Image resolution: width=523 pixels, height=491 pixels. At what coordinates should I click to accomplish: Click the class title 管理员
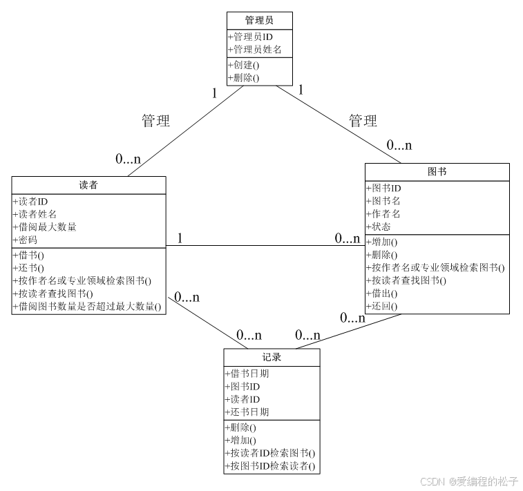point(259,20)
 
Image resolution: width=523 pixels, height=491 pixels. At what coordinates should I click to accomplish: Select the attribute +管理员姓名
point(254,50)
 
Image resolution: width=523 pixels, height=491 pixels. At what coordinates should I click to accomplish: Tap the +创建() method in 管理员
point(244,65)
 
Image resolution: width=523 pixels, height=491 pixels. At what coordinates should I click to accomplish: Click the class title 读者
point(89,185)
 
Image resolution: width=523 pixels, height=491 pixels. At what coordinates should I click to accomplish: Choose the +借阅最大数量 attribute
point(45,227)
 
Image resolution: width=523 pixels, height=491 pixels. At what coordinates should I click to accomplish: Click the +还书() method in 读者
point(28,267)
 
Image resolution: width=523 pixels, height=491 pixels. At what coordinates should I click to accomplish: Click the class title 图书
point(437,171)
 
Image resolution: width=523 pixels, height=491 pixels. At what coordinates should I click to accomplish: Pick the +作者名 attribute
point(383,213)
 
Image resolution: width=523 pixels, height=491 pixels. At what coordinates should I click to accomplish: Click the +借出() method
point(381,293)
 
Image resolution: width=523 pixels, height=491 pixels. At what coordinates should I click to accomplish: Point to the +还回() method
point(381,306)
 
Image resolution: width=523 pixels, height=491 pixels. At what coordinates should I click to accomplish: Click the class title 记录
point(272,357)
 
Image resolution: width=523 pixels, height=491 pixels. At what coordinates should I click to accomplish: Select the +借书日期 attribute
point(247,374)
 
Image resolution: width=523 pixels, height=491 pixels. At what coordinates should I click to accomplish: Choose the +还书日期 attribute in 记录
point(247,412)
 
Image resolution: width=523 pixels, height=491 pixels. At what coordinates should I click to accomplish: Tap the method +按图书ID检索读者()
point(270,467)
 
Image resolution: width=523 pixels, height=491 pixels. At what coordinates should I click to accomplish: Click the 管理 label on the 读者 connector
point(155,121)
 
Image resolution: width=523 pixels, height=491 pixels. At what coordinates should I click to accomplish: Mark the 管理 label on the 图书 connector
point(363,121)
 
